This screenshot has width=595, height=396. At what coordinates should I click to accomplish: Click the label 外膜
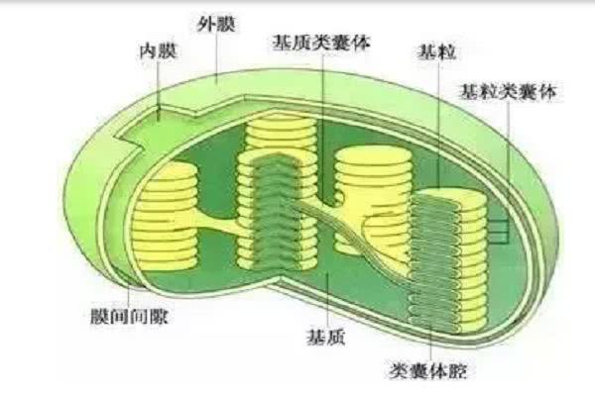(216, 24)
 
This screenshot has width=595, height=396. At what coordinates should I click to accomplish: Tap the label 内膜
(159, 50)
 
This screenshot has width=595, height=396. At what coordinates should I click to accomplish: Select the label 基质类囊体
(321, 43)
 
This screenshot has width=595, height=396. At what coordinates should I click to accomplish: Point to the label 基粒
(436, 51)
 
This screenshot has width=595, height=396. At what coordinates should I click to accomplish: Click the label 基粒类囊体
(508, 91)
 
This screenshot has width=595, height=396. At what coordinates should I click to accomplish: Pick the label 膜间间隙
(129, 317)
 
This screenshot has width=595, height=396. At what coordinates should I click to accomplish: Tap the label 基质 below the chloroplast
(326, 337)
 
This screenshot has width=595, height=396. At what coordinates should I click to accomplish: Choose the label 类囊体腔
(428, 370)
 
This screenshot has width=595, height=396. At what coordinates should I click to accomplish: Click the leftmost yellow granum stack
(167, 217)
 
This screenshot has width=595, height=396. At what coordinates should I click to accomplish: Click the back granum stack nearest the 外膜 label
(282, 135)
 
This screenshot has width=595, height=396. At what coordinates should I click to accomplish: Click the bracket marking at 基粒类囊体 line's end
(499, 232)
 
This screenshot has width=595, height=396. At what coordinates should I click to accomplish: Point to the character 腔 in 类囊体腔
(457, 370)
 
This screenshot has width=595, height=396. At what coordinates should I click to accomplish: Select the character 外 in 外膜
(206, 24)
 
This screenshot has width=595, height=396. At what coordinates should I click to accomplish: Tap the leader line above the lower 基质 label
(327, 299)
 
